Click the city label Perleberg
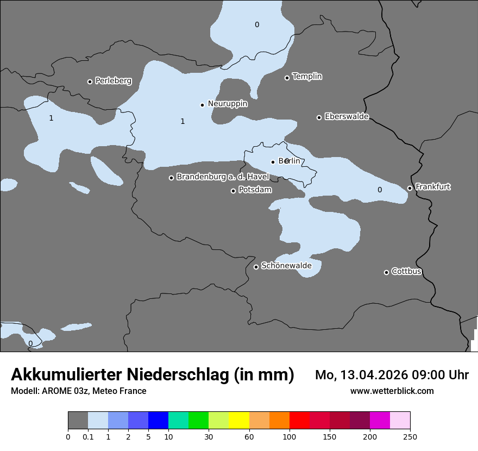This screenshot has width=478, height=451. point(113,81)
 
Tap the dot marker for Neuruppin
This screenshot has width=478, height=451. point(202,105)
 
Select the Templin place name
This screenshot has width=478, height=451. point(307,77)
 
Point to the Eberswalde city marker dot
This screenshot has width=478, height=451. point(319,117)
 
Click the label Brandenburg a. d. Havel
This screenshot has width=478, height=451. point(223,177)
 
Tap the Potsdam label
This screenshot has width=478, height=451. point(255,190)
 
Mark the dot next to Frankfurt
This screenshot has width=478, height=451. point(410,189)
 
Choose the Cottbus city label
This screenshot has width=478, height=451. point(406,272)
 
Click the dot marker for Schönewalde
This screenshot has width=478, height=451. point(256,267)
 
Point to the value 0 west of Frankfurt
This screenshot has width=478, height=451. point(380,190)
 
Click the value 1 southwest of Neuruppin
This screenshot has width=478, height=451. point(183,121)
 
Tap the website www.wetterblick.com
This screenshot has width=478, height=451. point(392,391)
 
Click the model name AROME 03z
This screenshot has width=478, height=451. point(65,391)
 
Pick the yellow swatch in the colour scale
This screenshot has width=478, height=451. point(239,421)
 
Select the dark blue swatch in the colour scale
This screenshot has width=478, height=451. point(158,421)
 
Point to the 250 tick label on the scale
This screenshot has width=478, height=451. point(410,437)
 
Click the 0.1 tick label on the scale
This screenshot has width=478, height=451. point(88,437)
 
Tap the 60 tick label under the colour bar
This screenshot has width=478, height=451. point(249,437)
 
